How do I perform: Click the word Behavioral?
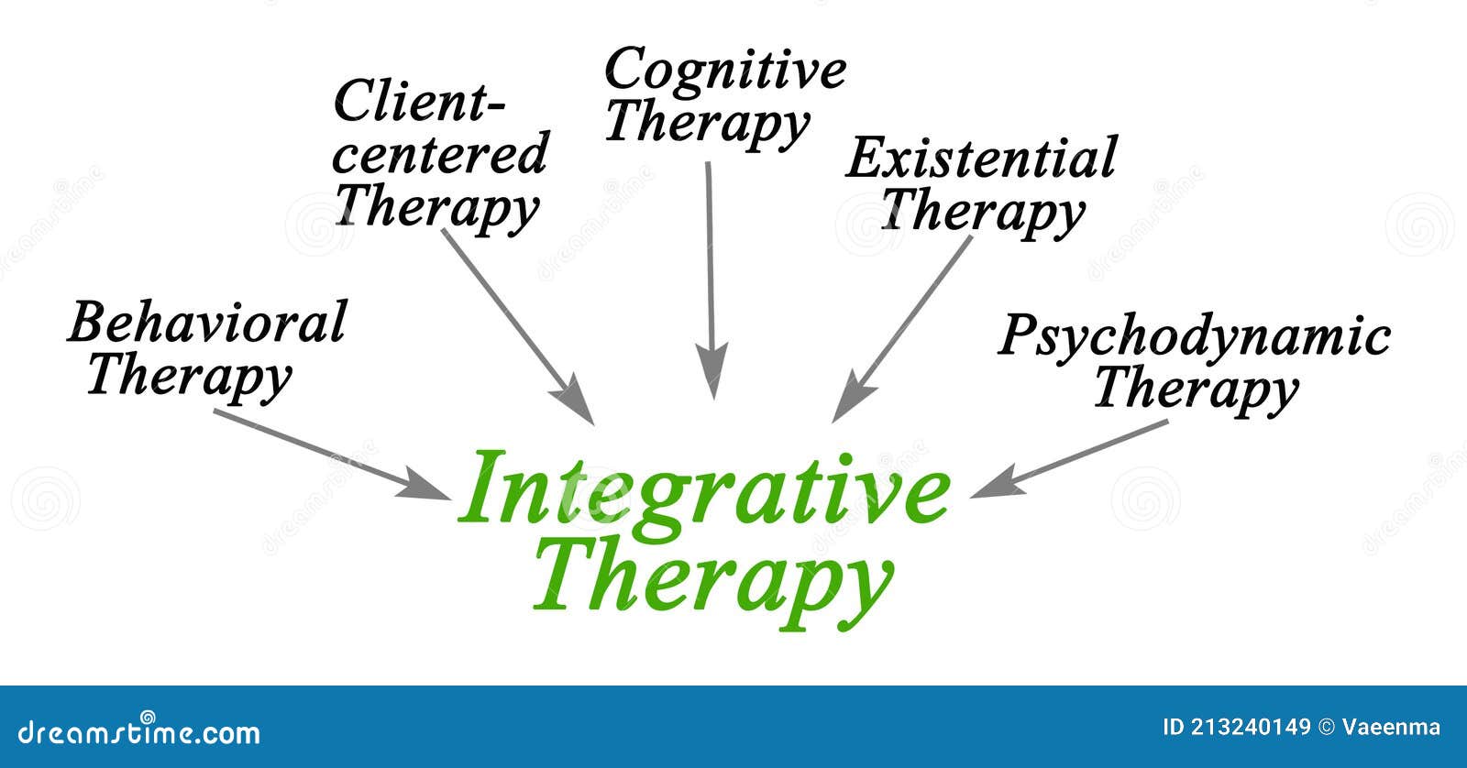pos(207,323)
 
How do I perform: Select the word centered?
pos(440,153)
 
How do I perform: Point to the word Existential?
pos(981,159)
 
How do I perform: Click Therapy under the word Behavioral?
pos(189,376)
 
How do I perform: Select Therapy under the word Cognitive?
pos(706,124)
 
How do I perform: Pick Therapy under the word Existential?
pos(981,211)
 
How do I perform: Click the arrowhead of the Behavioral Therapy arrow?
pos(431,488)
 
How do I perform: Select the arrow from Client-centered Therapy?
pos(518,325)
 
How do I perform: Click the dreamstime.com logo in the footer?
pos(130,731)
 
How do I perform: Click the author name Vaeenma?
pos(1391,728)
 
